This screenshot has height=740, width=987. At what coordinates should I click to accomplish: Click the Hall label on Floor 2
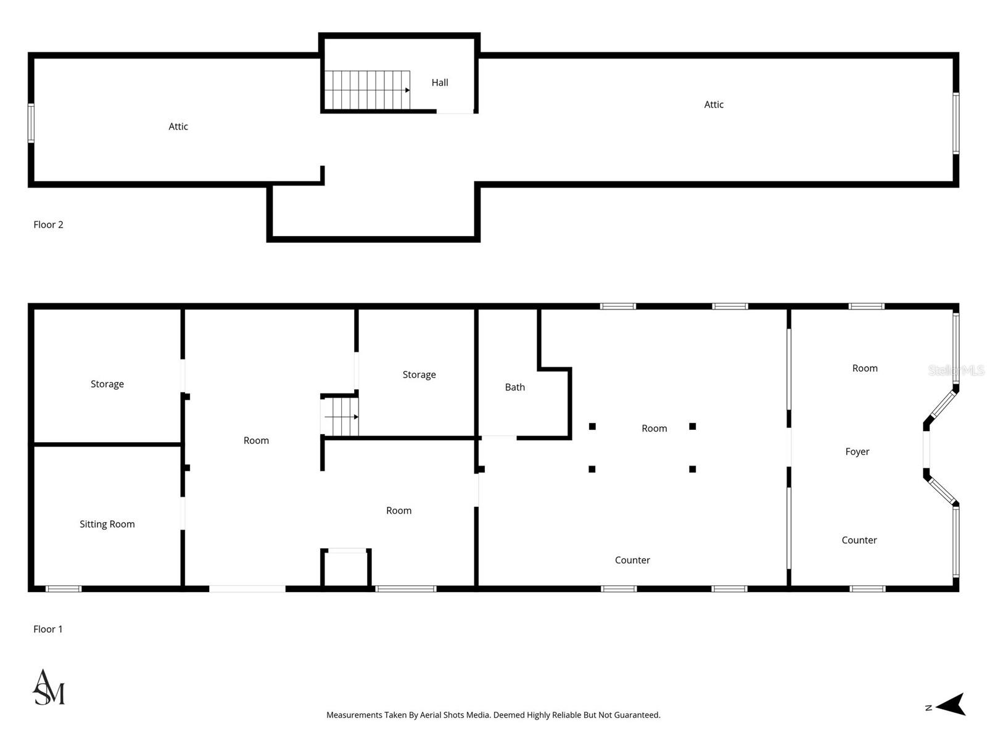[x=439, y=83]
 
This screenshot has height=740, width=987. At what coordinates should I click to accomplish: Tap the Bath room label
[x=514, y=387]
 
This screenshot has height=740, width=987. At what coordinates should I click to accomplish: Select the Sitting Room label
[x=107, y=524]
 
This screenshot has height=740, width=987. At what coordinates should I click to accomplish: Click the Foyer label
[x=857, y=452]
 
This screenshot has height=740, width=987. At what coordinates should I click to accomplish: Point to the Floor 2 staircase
[x=367, y=90]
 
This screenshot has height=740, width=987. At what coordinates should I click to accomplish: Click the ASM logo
[x=49, y=688]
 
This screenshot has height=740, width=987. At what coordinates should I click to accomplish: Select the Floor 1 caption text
[x=48, y=629]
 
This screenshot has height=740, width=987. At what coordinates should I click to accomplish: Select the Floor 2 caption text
[x=48, y=224]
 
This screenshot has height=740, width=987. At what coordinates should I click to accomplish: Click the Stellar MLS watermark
[x=956, y=371]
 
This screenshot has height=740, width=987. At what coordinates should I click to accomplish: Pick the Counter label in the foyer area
[x=859, y=540]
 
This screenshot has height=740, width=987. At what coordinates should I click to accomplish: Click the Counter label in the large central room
[x=632, y=560]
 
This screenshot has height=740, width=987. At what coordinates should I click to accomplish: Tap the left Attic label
[x=178, y=126]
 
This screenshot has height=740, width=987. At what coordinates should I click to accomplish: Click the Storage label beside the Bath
[x=419, y=375]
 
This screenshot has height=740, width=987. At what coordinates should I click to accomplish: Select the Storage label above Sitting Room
[x=107, y=384]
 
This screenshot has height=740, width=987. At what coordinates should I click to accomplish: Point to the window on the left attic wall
[x=31, y=123]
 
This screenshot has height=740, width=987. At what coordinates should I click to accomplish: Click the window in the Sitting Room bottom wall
[x=64, y=589]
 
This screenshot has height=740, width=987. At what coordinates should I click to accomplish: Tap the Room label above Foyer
[x=864, y=368]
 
